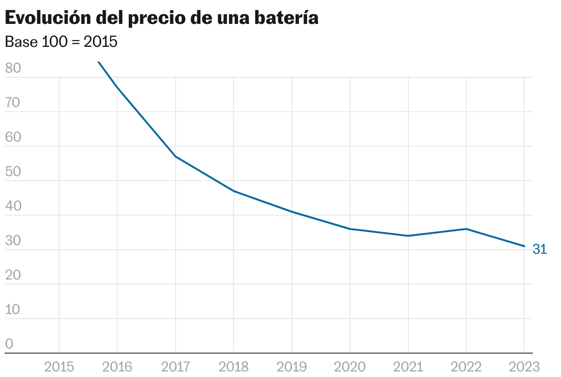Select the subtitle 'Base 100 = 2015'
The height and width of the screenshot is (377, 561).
61,42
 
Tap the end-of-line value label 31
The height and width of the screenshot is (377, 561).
540,249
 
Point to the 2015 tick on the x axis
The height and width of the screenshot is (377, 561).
59,366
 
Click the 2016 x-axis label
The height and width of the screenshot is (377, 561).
117,366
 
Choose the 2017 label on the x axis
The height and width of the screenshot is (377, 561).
176,366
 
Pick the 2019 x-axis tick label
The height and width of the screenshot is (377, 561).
292,366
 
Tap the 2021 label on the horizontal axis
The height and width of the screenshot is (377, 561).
408,366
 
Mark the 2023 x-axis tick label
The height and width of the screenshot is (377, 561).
524,366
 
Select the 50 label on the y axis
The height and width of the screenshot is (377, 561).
13,171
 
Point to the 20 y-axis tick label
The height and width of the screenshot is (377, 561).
13,275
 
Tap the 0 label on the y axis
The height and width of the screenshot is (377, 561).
9,344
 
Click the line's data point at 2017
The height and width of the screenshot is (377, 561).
176,157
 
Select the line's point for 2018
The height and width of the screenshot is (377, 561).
234,191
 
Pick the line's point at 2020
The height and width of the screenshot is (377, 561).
350,229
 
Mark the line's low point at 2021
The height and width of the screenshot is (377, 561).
408,236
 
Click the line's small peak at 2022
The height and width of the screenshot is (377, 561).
466,229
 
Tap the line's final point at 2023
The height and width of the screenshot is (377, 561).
524,246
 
